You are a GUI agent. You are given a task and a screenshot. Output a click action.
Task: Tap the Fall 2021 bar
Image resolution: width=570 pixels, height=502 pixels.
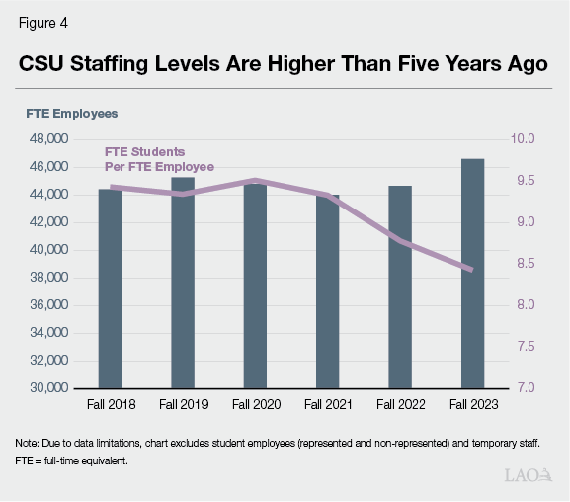[x=327, y=292]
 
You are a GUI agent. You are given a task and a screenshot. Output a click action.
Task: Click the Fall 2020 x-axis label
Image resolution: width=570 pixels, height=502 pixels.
[x=255, y=404]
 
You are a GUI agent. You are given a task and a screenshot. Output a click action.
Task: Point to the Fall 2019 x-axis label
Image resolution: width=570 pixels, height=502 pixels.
[x=182, y=404]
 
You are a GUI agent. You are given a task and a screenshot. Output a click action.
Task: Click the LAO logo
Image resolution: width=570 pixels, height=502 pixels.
[x=528, y=476]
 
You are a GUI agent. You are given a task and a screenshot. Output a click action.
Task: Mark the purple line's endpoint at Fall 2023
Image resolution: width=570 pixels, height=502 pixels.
[x=472, y=270]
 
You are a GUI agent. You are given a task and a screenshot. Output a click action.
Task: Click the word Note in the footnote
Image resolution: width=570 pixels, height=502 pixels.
[x=29, y=442]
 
